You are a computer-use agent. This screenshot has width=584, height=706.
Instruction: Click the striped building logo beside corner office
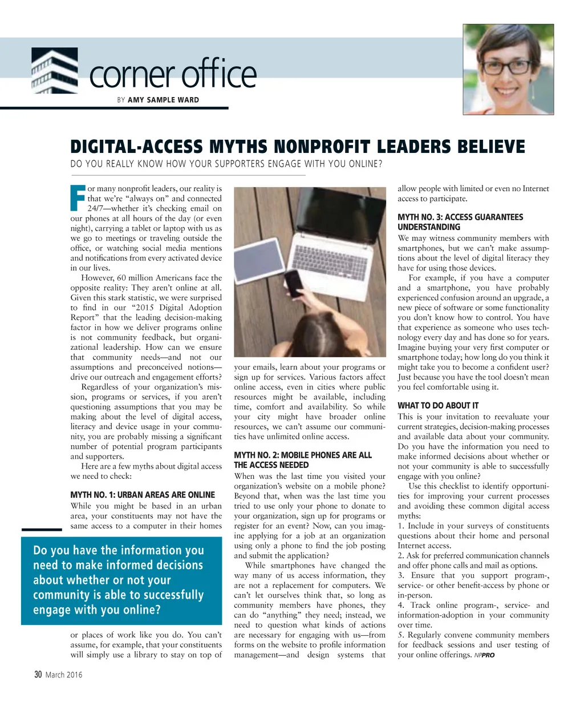coord(55,71)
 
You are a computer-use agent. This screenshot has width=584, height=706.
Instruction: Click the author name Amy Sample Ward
coord(163,100)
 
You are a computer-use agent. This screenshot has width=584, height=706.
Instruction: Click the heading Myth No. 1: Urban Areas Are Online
coord(143,495)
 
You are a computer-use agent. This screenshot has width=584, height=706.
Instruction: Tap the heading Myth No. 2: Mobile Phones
coord(302,455)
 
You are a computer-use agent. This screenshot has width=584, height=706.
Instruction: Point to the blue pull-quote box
coord(121,580)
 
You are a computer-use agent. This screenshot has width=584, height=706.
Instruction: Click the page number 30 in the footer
coord(38,675)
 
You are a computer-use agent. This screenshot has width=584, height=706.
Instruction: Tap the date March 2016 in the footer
coord(64,675)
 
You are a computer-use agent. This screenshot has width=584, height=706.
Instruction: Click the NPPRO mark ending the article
coord(484,655)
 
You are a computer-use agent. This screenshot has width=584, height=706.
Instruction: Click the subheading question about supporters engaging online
coord(226,164)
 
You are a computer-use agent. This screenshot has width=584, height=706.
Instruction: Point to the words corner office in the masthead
coord(173,75)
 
